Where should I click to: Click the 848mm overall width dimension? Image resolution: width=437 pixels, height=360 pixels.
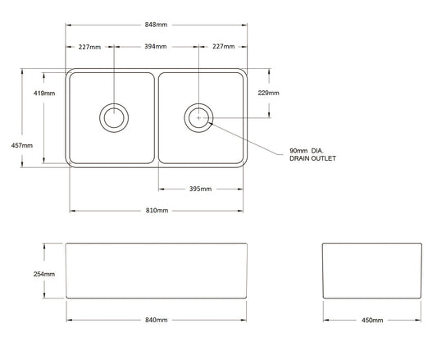click(156, 25)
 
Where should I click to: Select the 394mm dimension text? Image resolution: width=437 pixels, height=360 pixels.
click(156, 47)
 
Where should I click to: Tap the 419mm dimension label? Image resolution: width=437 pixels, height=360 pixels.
click(45, 93)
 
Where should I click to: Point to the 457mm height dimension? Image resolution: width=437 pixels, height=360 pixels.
click(23, 145)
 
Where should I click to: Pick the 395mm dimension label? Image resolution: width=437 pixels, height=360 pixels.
click(200, 189)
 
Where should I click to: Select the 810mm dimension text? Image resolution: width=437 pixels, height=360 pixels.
click(156, 211)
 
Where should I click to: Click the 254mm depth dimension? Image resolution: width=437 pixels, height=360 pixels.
click(44, 274)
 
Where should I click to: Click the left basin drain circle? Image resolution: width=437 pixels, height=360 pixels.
click(112, 117)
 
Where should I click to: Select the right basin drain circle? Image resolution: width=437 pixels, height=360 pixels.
click(198, 117)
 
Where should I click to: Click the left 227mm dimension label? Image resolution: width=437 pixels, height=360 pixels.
click(89, 47)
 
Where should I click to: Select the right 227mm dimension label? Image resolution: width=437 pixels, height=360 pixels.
click(222, 47)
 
